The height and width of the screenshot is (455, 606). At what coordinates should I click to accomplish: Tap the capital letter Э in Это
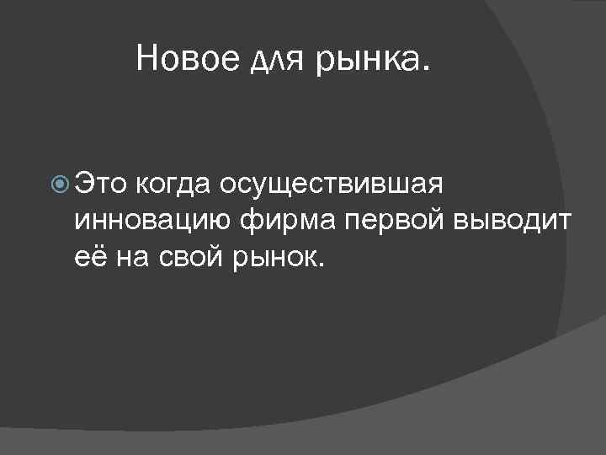[x=83, y=180]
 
